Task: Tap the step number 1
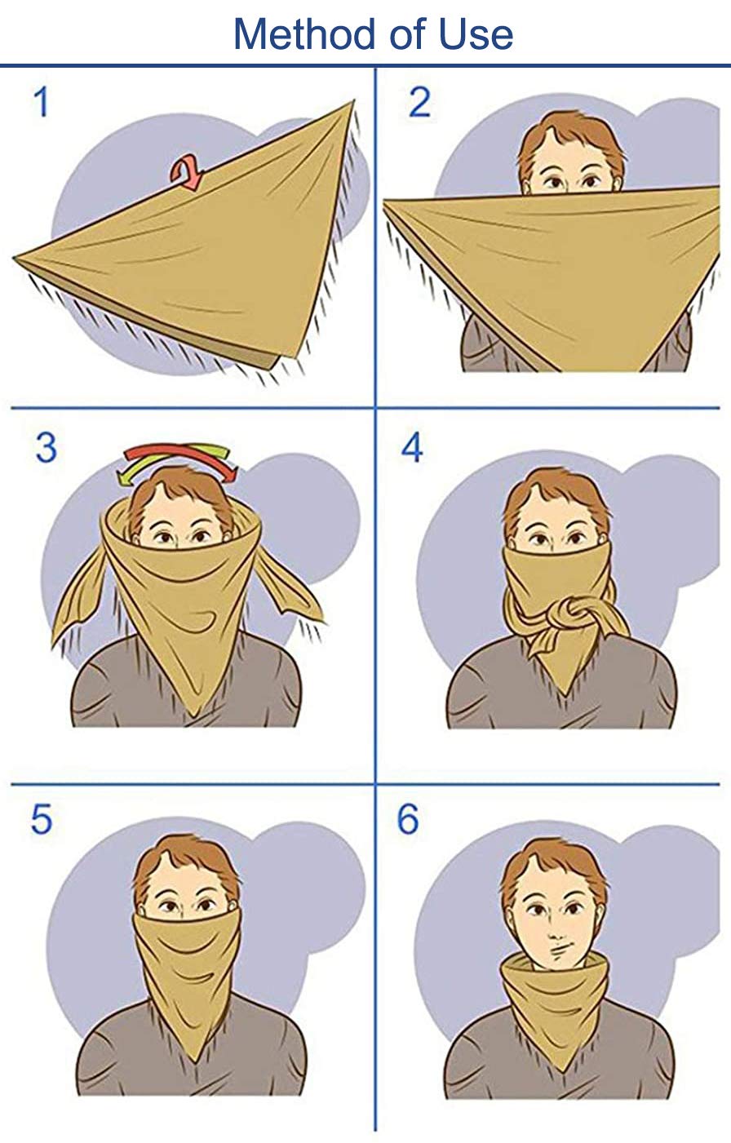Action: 41,104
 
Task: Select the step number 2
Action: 419,104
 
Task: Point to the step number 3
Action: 46,448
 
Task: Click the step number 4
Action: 412,448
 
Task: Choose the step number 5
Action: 42,819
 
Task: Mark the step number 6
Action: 408,819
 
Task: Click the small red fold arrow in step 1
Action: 185,173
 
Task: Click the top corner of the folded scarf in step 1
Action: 352,104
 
